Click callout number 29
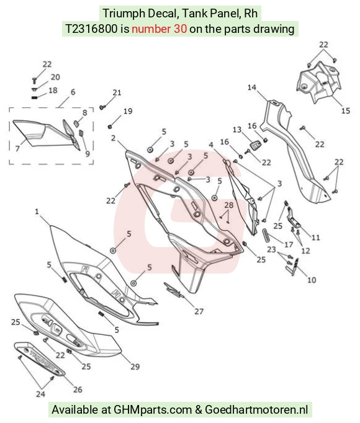(135, 367)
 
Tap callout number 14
(252, 87)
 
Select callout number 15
(346, 110)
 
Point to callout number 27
(199, 311)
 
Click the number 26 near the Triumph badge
(78, 390)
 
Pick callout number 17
(289, 244)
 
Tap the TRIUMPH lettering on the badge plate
(42, 359)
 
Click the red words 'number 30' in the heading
(159, 29)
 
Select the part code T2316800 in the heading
(91, 29)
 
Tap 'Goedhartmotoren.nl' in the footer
(256, 409)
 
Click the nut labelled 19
(110, 127)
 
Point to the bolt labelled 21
(102, 107)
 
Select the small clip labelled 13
(254, 146)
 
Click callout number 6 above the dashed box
(73, 92)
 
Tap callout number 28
(228, 205)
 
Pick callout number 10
(312, 280)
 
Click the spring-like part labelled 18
(34, 97)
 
